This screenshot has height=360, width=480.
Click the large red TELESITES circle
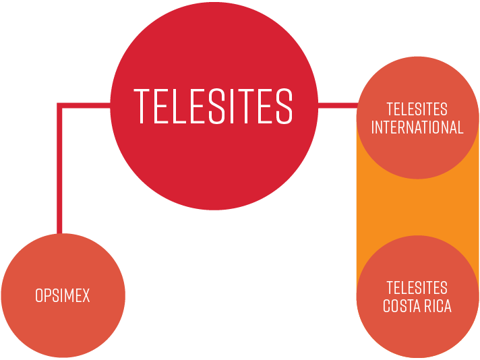(214, 155)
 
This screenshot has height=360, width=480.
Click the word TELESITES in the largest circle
(214, 106)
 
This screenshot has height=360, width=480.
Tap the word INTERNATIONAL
(417, 127)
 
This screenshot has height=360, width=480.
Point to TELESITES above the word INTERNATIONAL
(417, 109)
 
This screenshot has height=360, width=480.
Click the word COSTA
(402, 306)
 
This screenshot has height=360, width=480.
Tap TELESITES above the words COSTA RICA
(417, 288)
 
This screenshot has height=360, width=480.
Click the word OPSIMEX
(63, 295)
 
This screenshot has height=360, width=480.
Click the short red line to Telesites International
(337, 105)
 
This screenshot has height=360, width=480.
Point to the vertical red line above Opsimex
(59, 175)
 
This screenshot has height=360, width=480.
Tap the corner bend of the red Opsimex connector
(59, 106)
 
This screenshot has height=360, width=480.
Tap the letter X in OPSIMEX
(86, 295)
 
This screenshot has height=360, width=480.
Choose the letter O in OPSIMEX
(39, 295)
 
